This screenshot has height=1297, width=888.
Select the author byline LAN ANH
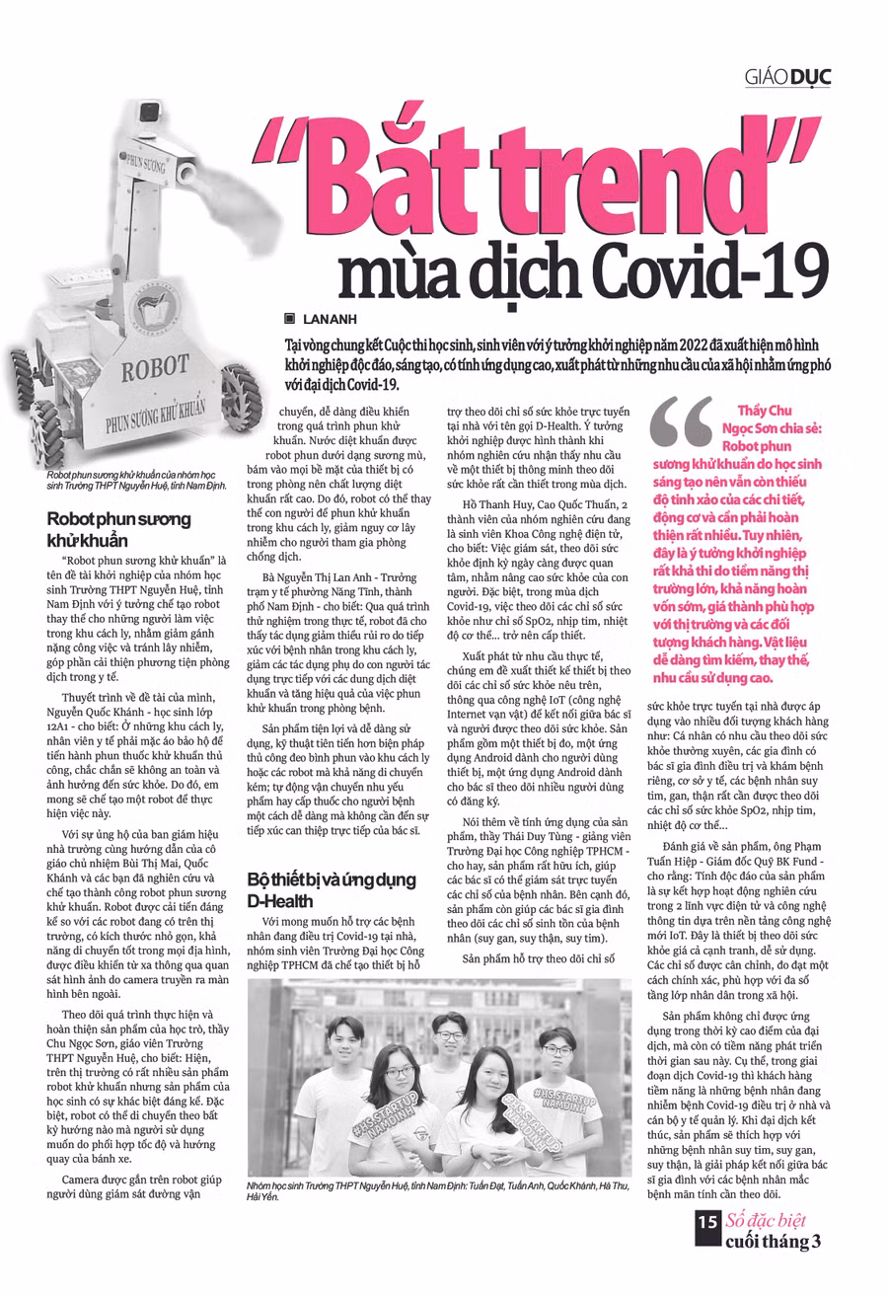click(329, 319)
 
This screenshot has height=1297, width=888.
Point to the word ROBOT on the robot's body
click(156, 371)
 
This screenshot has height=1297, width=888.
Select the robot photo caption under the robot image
click(135, 481)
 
